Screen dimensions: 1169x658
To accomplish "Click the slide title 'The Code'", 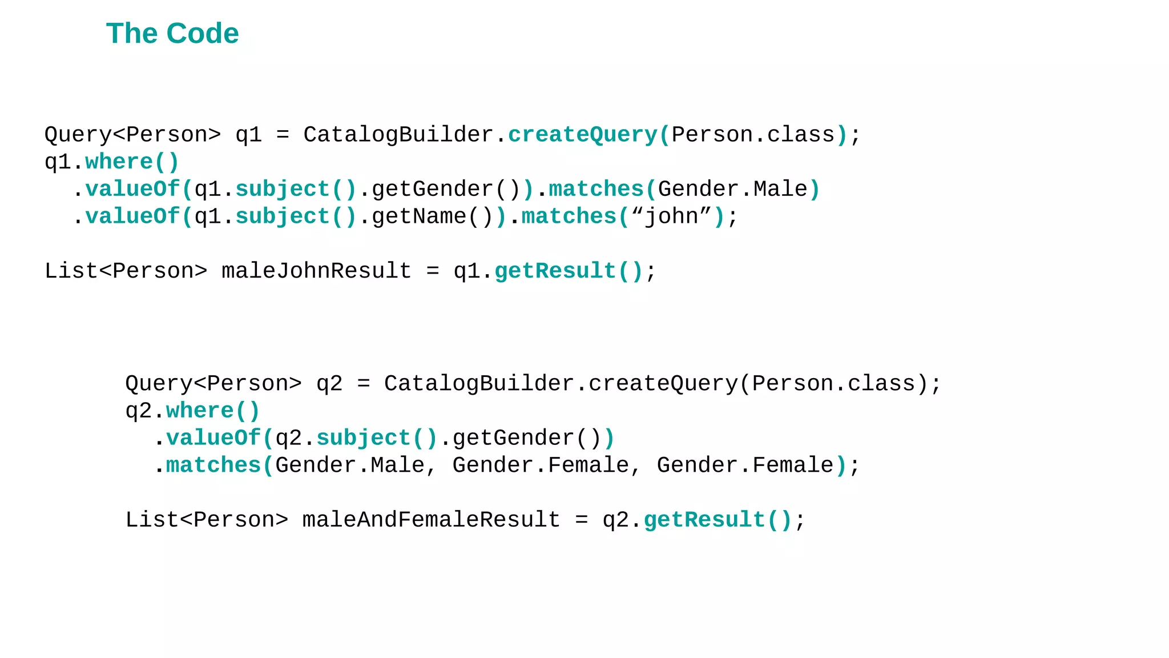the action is [172, 34].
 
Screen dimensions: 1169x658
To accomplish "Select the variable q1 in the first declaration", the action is [248, 135].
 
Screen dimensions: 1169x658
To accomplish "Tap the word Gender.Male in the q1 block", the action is [733, 189].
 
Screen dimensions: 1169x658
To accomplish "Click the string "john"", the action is [671, 216].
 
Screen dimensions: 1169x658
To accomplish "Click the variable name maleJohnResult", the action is [316, 271].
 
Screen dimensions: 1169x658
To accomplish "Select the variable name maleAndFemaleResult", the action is [431, 520].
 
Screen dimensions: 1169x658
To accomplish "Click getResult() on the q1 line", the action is [569, 271].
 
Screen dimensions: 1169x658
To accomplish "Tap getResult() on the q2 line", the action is [717, 520].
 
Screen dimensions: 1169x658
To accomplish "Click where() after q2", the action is [213, 411].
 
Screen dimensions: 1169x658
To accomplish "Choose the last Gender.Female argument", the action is [745, 466].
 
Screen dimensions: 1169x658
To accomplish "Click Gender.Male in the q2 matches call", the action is [350, 466].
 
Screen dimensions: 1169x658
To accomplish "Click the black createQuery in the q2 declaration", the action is [663, 383].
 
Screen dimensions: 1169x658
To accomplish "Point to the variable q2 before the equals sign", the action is [329, 383].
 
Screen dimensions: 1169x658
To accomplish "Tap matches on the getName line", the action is [569, 216].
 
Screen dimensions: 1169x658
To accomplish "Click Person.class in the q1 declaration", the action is [753, 135].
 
